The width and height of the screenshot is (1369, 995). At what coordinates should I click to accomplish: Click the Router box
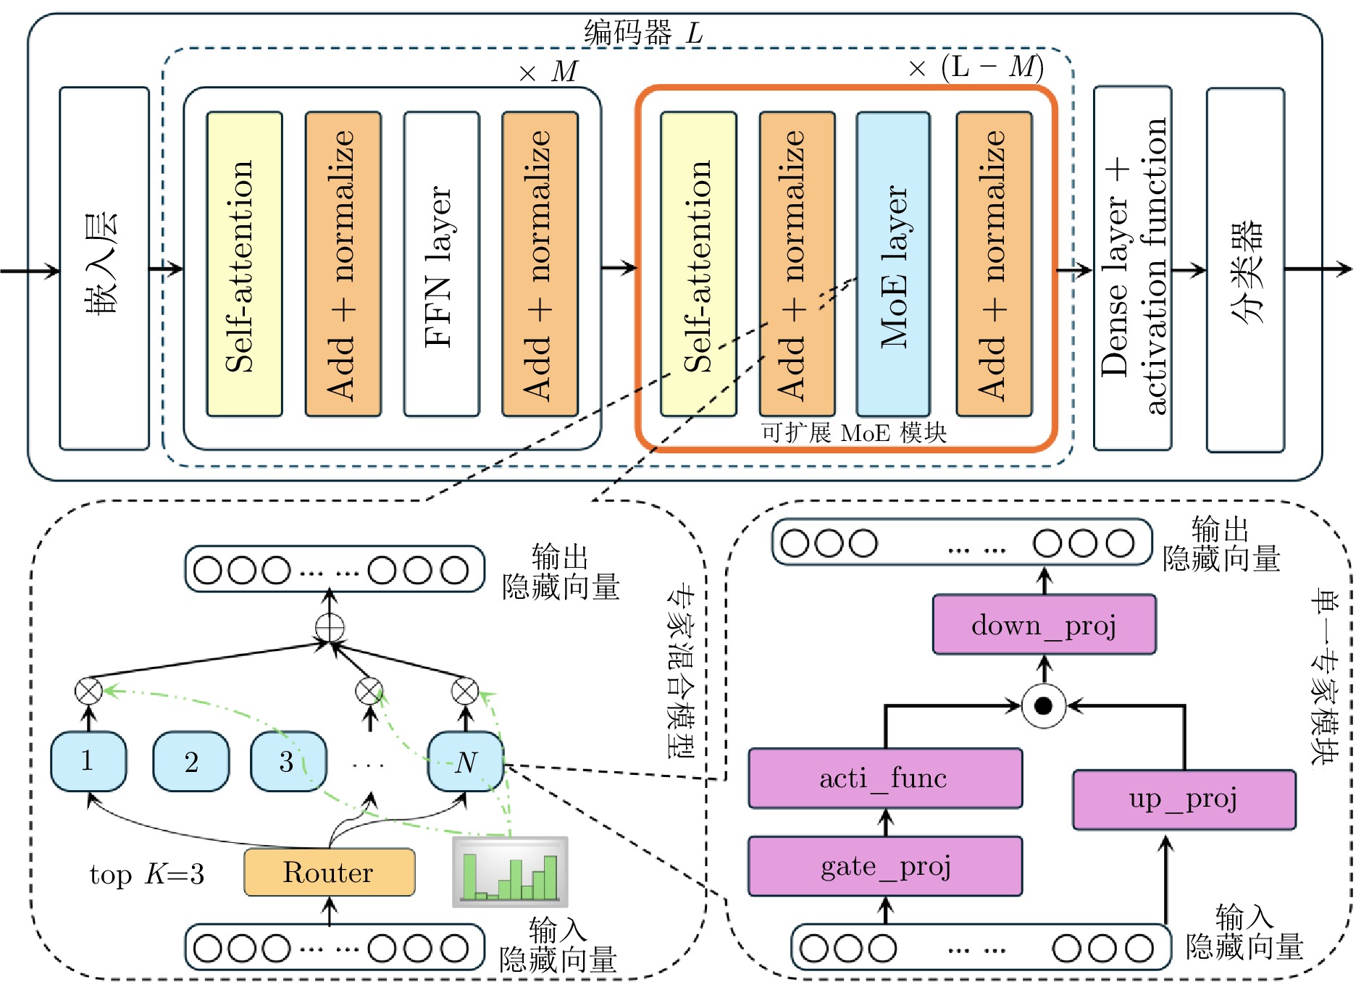point(329,872)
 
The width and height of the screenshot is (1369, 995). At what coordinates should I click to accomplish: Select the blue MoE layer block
point(892,264)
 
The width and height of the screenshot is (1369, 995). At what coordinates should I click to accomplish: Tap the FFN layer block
point(441,264)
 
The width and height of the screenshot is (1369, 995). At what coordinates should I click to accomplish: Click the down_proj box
point(1044,624)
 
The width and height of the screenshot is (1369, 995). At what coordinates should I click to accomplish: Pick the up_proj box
point(1184,799)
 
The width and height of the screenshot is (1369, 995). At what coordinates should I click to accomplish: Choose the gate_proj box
point(885,866)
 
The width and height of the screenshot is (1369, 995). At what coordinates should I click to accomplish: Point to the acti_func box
point(885,778)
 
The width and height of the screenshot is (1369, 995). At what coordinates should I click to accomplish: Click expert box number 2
point(191,761)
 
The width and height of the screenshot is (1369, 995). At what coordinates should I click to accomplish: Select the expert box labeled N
point(466,761)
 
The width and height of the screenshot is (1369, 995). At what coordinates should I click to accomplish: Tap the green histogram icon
point(510,873)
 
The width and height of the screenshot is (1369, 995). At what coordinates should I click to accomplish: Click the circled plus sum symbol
point(330,627)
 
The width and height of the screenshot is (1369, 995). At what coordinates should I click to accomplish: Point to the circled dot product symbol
point(1043,705)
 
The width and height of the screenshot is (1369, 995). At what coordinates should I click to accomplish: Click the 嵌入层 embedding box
point(104,268)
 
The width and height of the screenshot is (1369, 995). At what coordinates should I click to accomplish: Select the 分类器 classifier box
point(1245,269)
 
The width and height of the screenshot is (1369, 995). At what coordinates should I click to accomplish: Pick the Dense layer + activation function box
point(1132,268)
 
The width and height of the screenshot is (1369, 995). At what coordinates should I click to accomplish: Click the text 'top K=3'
point(146,875)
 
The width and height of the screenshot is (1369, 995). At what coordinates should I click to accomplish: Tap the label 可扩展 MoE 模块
point(853,433)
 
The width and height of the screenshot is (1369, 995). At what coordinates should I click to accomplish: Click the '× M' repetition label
point(549,72)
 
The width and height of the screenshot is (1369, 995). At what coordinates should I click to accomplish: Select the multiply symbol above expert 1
point(88,691)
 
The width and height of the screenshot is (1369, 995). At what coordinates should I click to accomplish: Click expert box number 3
point(288,761)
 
